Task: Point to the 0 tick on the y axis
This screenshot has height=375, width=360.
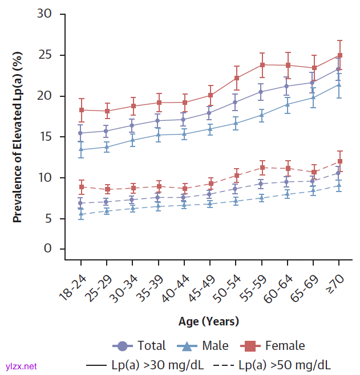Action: [x=48, y=249]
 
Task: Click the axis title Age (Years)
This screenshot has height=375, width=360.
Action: [x=208, y=321]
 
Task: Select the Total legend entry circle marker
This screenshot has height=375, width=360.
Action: [x=122, y=346]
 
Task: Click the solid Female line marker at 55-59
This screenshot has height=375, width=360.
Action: [x=262, y=64]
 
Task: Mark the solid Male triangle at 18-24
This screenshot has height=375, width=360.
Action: [x=81, y=149]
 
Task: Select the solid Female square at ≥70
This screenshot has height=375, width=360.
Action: [x=339, y=55]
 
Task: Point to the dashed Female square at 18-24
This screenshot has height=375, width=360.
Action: [x=81, y=187]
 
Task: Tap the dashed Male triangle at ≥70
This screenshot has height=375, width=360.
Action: [x=339, y=185]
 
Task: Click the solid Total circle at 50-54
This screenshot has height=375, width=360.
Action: [x=236, y=102]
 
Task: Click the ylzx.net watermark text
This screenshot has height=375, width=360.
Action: [x=21, y=366]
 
